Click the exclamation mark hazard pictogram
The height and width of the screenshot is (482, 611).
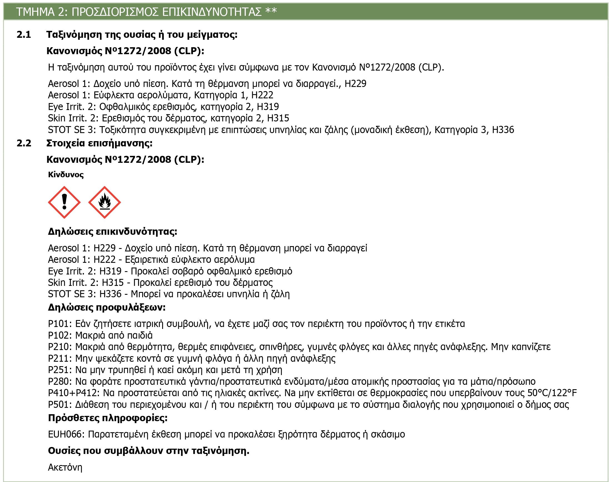(x=64, y=202)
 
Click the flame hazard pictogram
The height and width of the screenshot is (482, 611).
(x=105, y=202)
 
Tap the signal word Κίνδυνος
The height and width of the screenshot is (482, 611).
(x=66, y=175)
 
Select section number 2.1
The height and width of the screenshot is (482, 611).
(x=24, y=34)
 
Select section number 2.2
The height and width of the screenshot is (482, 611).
(x=24, y=143)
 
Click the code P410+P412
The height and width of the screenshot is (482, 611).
(x=73, y=393)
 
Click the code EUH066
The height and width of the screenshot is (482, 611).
(x=66, y=434)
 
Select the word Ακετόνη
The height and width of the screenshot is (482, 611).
(x=65, y=467)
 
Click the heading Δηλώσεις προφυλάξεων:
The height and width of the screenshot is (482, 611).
(x=107, y=307)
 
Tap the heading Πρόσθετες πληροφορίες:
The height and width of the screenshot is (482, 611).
(x=108, y=418)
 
